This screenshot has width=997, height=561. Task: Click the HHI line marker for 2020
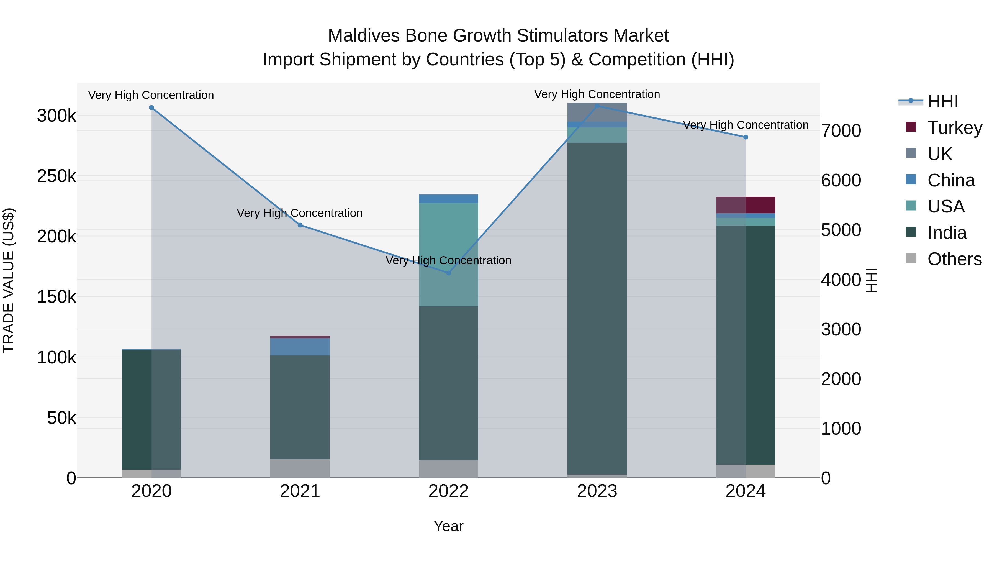(x=151, y=108)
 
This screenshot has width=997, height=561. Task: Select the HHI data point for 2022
(x=449, y=273)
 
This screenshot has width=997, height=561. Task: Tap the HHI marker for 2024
(x=746, y=137)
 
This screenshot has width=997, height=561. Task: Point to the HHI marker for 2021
(x=300, y=225)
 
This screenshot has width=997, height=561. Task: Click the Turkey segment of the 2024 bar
(x=746, y=205)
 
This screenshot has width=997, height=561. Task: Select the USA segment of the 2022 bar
(x=449, y=254)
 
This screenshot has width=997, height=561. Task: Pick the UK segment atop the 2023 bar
(x=597, y=112)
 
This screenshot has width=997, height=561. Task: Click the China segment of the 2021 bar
(x=300, y=347)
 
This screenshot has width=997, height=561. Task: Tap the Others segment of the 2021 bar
(x=300, y=468)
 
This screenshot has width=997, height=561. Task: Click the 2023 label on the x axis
(x=597, y=491)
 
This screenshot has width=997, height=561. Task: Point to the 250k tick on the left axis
(x=56, y=176)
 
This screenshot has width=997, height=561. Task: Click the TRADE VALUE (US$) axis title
(x=9, y=280)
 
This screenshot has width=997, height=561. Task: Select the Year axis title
(x=449, y=526)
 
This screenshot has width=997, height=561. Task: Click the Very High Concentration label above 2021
(x=300, y=213)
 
